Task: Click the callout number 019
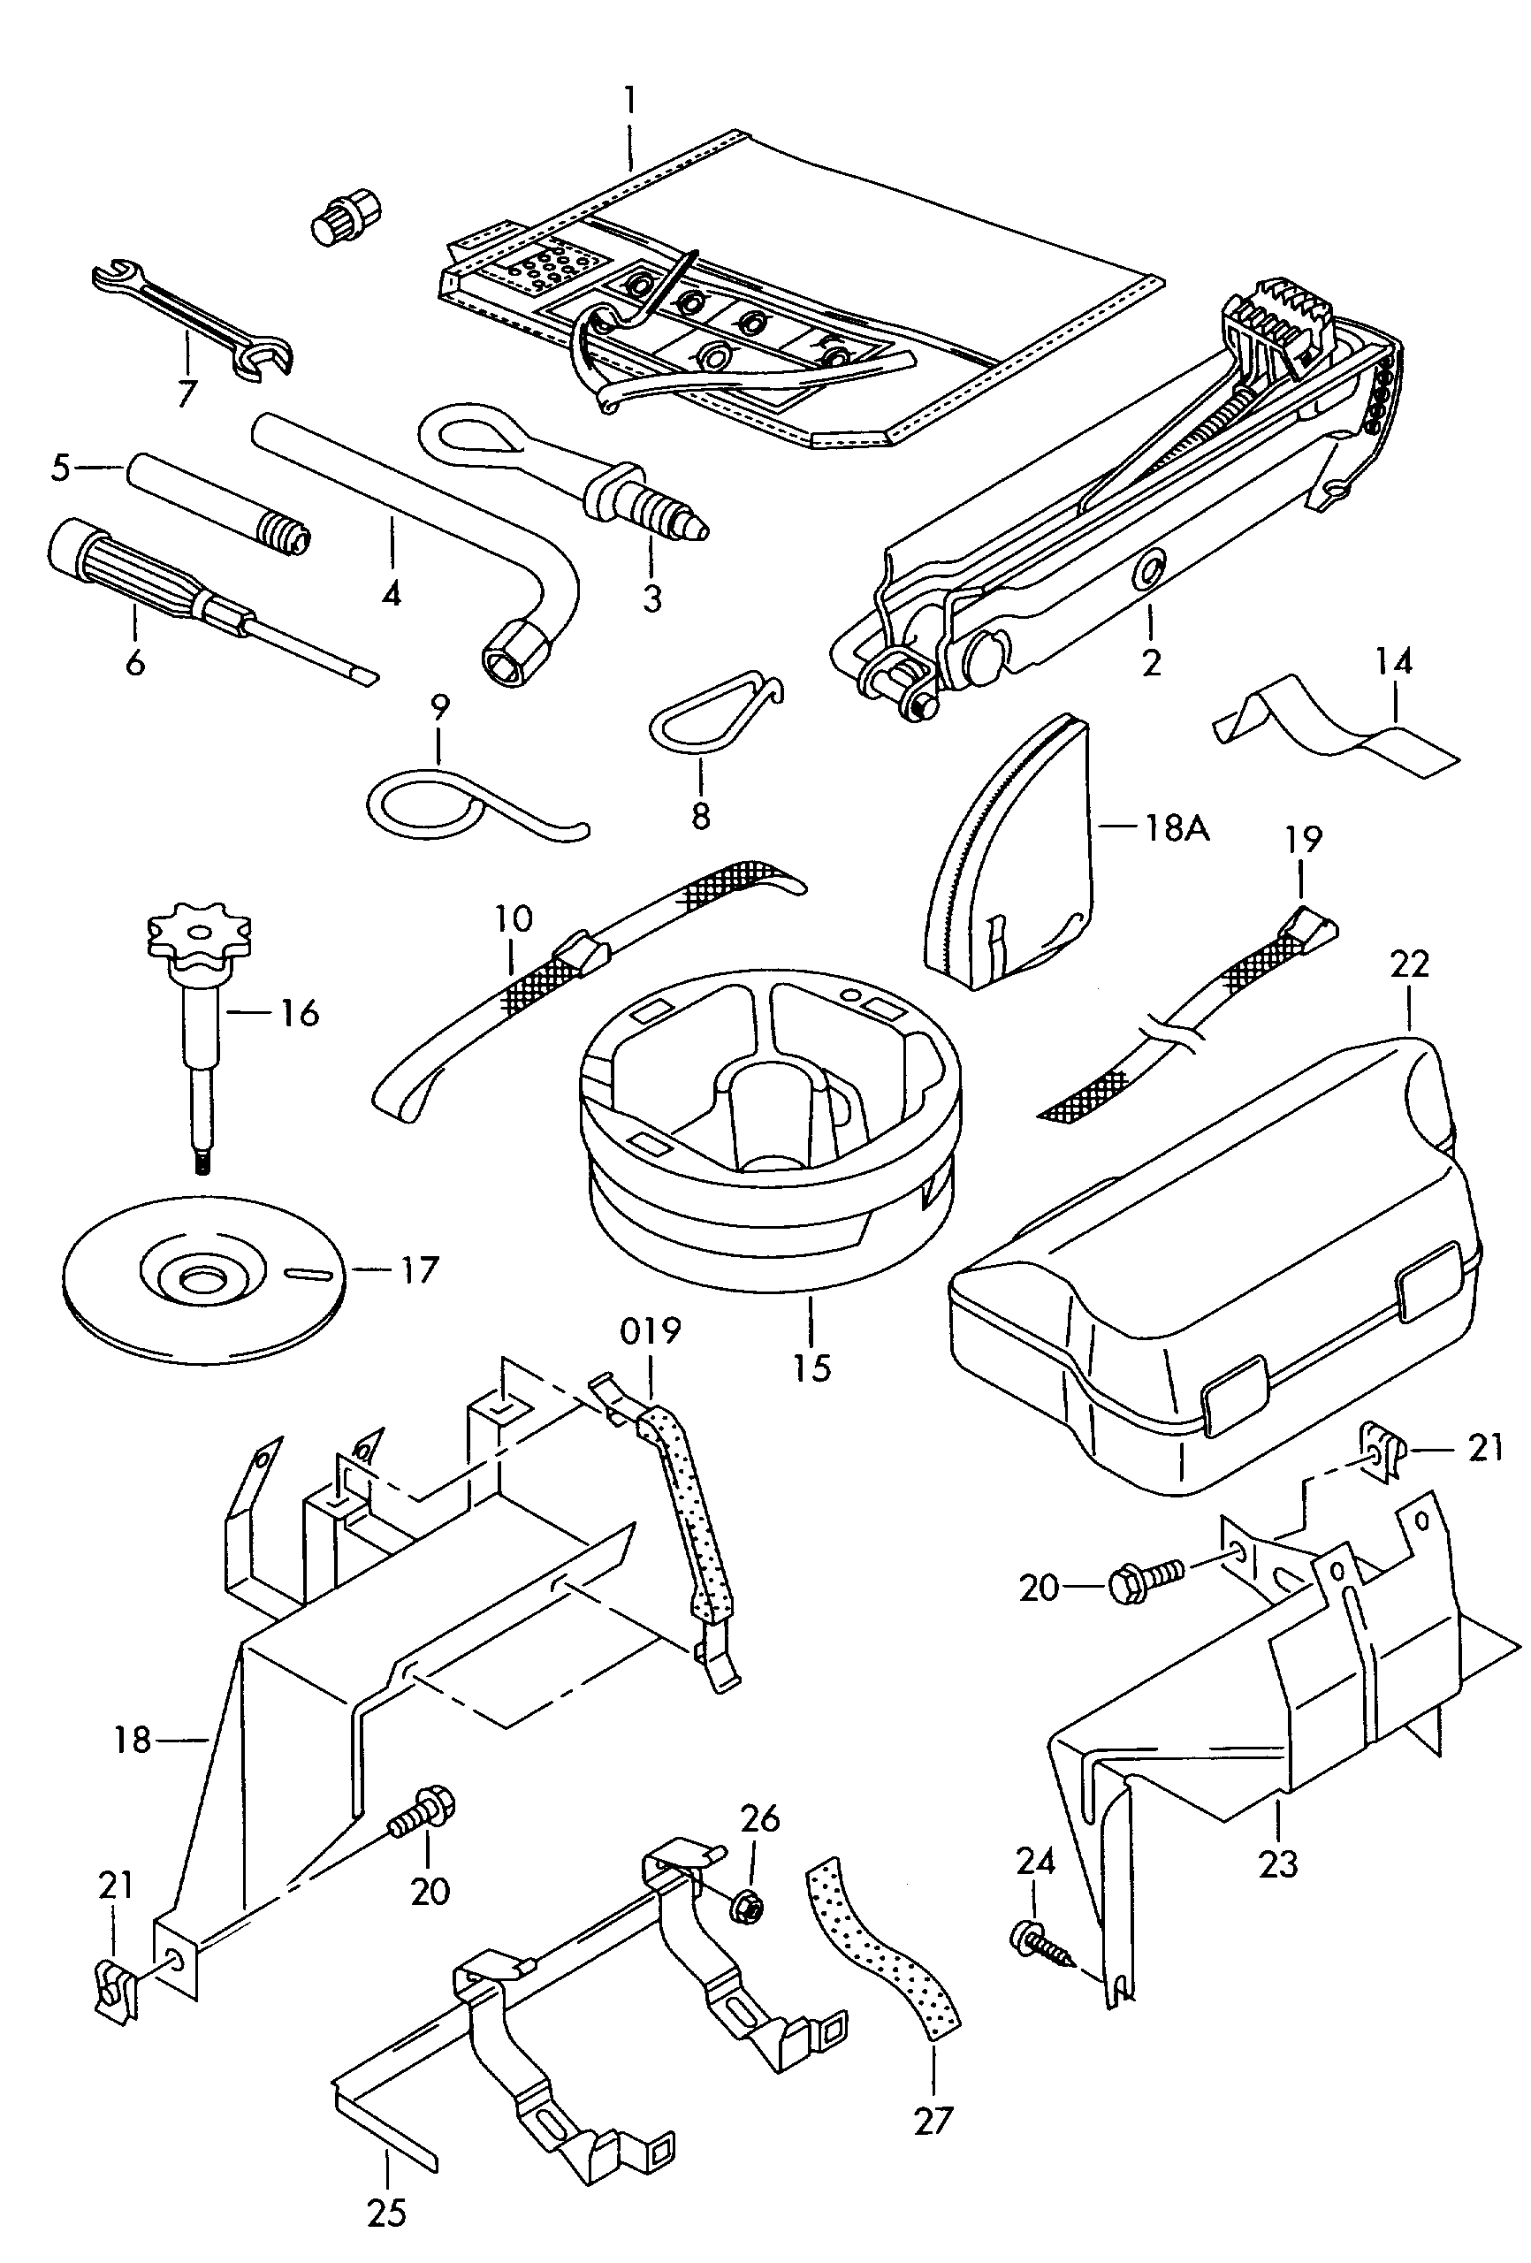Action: pyautogui.click(x=651, y=1330)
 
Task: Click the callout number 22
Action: pyautogui.click(x=1409, y=964)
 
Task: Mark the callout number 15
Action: pyautogui.click(x=811, y=1368)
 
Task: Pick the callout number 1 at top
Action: pyautogui.click(x=630, y=99)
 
